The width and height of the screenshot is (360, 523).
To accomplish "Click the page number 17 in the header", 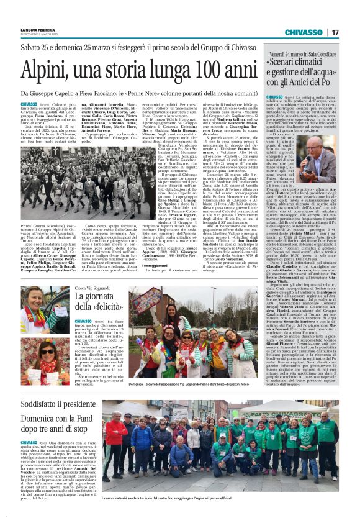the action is [335, 32].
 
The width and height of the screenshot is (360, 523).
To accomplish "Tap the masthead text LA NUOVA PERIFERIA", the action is [38, 29].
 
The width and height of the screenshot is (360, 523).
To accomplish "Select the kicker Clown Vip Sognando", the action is [94, 288].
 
